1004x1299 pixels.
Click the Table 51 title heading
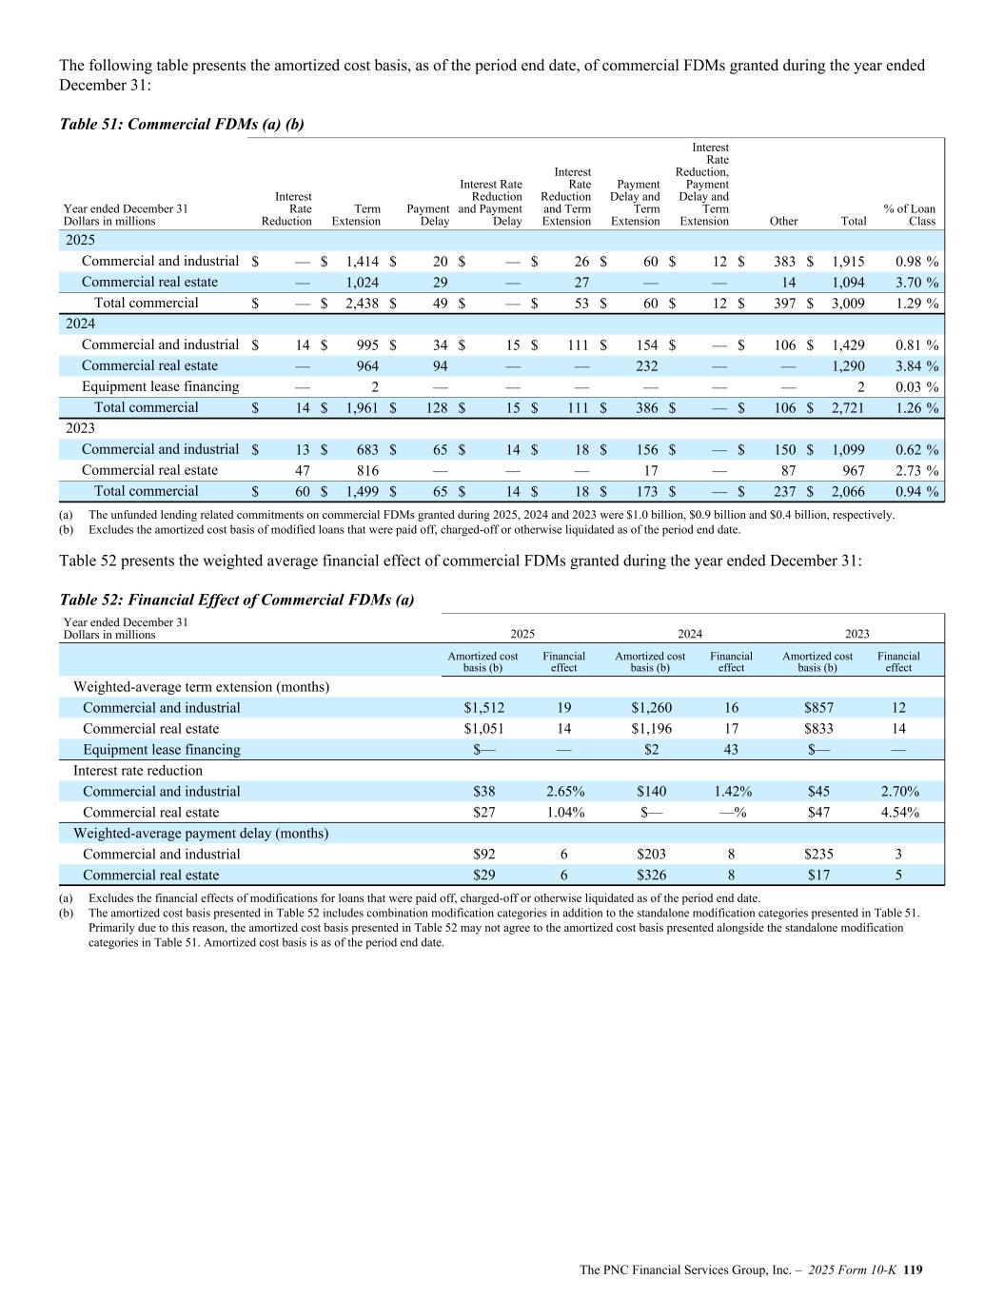pyautogui.click(x=182, y=124)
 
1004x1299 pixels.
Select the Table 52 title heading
pyautogui.click(x=237, y=600)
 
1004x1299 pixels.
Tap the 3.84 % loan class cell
pyautogui.click(x=912, y=366)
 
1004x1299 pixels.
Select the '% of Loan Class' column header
pyautogui.click(x=910, y=215)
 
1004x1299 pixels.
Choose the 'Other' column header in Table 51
pyautogui.click(x=783, y=221)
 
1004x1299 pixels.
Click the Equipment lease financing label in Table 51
pyautogui.click(x=160, y=387)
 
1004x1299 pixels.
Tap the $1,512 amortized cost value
pyautogui.click(x=483, y=708)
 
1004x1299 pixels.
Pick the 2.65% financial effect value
pyautogui.click(x=564, y=792)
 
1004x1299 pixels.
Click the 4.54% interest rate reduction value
pyautogui.click(x=898, y=813)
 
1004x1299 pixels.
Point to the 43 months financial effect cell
pyautogui.click(x=731, y=750)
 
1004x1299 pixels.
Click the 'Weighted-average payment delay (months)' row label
pyautogui.click(x=201, y=834)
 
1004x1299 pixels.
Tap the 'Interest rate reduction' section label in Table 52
pyautogui.click(x=138, y=771)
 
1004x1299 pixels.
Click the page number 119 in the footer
pyautogui.click(x=914, y=1269)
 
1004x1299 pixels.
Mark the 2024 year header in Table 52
pyautogui.click(x=690, y=634)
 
